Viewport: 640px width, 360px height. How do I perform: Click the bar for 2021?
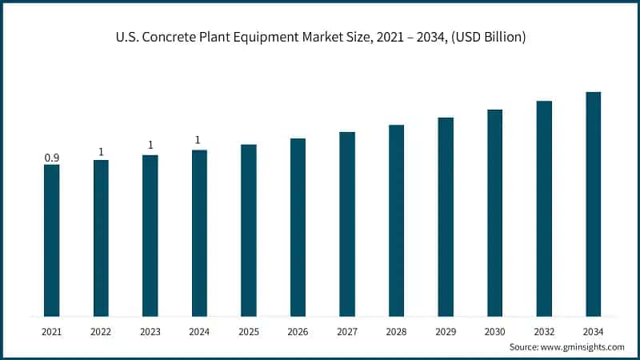tap(52, 240)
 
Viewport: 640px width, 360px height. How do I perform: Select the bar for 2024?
tap(199, 233)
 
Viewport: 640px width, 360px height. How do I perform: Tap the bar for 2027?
tap(347, 224)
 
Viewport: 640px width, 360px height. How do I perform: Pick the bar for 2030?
tap(494, 213)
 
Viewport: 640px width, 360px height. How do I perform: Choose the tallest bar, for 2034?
tap(593, 204)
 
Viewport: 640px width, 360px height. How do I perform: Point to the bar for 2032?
tap(544, 208)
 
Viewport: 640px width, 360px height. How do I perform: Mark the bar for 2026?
tap(298, 227)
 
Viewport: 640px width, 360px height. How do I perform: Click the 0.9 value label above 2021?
tap(52, 158)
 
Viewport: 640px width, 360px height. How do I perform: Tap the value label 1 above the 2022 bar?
tap(101, 152)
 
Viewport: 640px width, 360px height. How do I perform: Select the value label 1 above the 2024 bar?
tap(198, 141)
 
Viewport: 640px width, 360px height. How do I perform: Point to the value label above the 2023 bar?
tap(150, 146)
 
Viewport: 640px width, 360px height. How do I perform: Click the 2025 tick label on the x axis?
tap(249, 331)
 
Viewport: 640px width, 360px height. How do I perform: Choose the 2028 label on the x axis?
tap(396, 331)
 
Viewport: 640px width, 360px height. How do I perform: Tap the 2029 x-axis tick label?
tap(446, 331)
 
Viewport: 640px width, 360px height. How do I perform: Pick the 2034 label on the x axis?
tap(593, 331)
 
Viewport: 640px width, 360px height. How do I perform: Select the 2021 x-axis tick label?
tap(52, 331)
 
